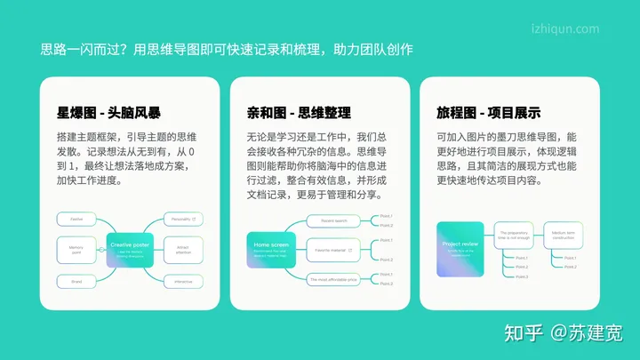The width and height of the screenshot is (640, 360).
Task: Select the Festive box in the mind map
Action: [76, 219]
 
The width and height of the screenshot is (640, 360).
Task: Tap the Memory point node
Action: [76, 250]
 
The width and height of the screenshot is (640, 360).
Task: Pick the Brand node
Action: [76, 281]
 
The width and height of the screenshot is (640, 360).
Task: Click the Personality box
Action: [183, 219]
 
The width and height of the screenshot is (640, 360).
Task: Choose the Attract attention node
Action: [183, 250]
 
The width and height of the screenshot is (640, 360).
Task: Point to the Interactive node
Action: [183, 281]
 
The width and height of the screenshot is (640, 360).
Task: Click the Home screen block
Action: [270, 249]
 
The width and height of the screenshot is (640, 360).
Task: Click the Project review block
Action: [460, 248]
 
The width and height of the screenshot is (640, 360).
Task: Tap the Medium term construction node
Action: [563, 236]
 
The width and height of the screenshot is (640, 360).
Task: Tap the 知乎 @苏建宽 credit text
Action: [563, 332]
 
